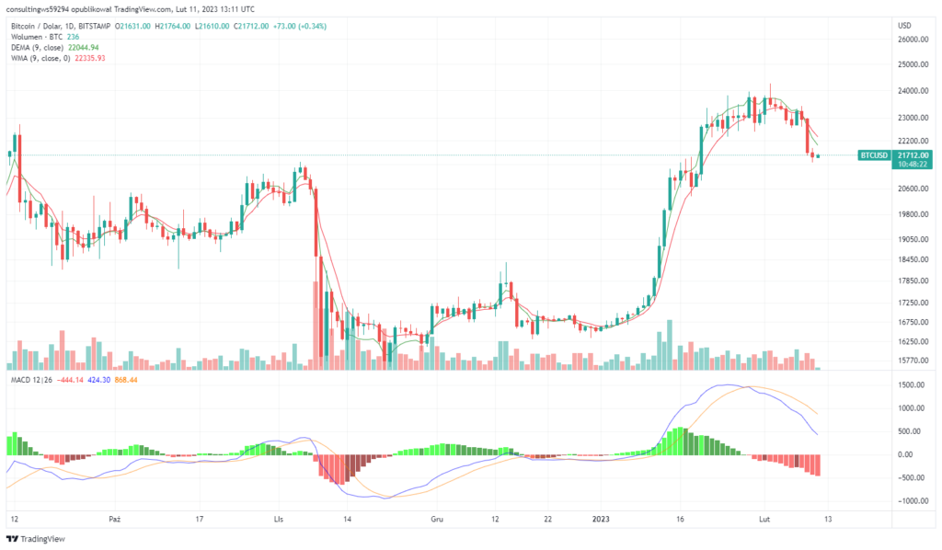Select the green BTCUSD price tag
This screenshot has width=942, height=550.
[x=873, y=155]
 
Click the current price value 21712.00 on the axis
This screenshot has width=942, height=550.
[x=913, y=155]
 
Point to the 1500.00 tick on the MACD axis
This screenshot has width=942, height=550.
[x=913, y=385]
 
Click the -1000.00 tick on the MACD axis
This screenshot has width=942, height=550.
[x=912, y=501]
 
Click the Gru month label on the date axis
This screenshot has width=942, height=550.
[x=437, y=520]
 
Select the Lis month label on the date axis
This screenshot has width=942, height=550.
[x=278, y=520]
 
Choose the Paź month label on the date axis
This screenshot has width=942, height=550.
[x=114, y=520]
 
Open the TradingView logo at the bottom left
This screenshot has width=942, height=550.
[x=39, y=539]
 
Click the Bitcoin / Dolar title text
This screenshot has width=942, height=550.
[x=40, y=26]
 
